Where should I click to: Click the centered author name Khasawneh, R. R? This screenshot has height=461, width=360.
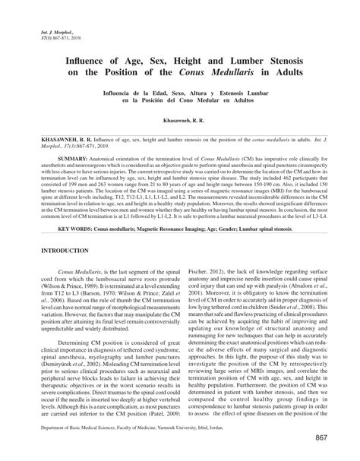coord(179,122)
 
